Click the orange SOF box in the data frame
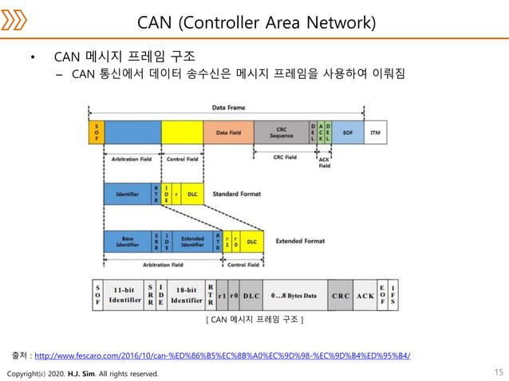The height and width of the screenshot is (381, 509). coord(96,132)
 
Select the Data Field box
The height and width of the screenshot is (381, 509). coord(228,132)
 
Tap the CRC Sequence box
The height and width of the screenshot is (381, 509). coord(281,132)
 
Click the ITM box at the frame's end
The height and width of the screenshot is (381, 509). coord(375,132)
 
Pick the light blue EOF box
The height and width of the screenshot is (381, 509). coord(347,132)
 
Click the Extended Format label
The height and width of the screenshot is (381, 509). coord(300,241)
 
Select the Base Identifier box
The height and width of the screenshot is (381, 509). coord(128,241)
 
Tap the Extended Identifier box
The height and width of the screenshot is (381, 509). coord(192,241)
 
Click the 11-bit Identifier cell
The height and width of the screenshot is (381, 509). coord(124,296)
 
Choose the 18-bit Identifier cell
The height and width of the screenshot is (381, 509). coord(186,296)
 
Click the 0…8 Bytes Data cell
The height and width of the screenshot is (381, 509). coord(294,296)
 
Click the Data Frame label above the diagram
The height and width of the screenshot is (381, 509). coord(229,108)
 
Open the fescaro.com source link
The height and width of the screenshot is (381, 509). coord(223,355)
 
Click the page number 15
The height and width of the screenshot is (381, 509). coord(499,372)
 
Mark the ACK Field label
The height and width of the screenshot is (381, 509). coord(325,163)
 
